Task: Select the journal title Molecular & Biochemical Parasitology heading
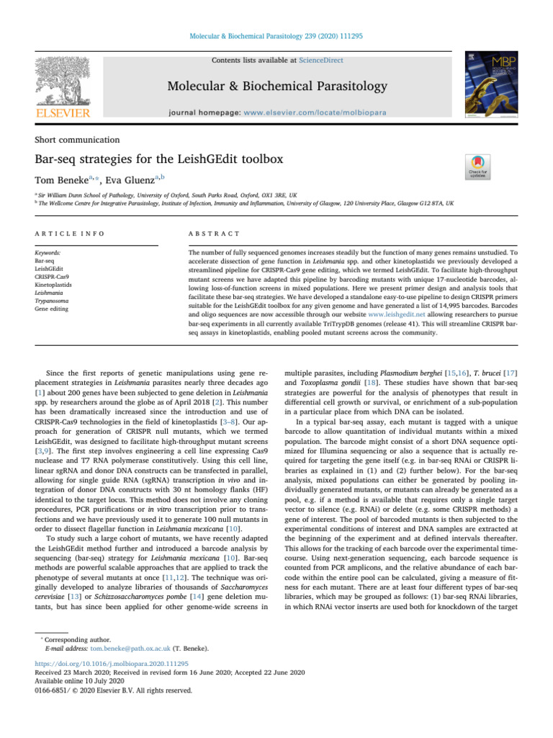[277, 87]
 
